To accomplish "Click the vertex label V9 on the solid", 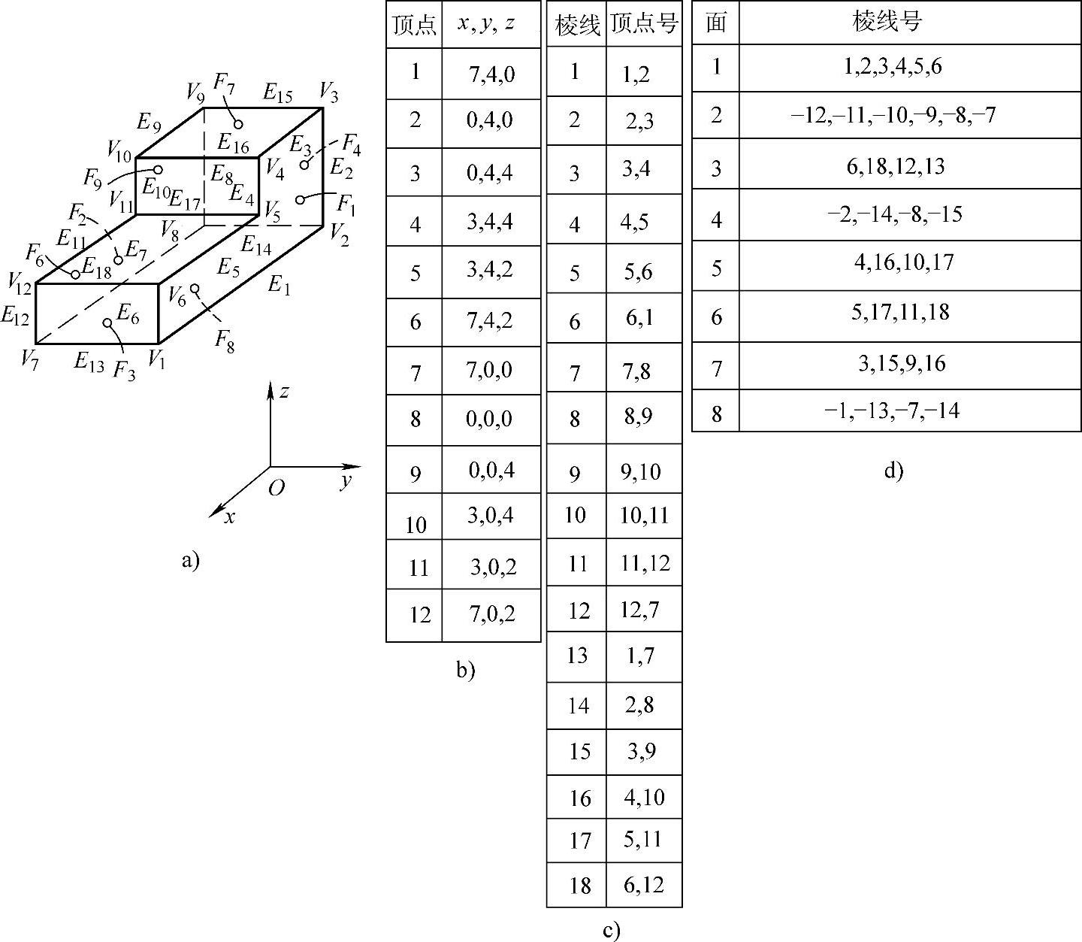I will tap(195, 92).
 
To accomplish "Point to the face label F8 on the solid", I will tap(225, 340).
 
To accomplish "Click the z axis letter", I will tap(284, 392).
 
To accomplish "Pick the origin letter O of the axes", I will tap(276, 489).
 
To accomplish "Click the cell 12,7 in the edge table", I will tap(640, 609).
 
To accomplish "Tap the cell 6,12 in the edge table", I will tap(644, 884).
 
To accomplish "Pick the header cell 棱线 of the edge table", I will tap(577, 25).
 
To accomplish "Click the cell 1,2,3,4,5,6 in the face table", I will tap(893, 67).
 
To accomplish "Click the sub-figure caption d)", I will tap(893, 471).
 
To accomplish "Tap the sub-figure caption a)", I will tap(191, 560).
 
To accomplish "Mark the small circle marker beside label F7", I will tap(238, 124).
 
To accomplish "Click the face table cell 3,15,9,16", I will tap(893, 364).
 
